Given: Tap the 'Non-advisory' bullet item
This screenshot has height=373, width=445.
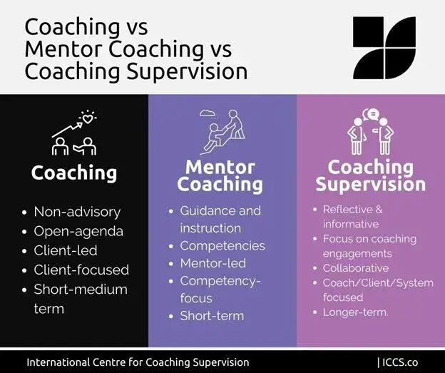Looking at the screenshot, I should click(x=77, y=211).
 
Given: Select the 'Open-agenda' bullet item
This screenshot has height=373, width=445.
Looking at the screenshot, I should click(x=78, y=231).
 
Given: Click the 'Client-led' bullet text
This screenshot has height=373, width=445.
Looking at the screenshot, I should click(x=66, y=250).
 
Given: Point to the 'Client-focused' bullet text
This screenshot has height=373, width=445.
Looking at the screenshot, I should click(x=81, y=270).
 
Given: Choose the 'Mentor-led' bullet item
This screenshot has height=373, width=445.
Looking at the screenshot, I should click(x=213, y=263).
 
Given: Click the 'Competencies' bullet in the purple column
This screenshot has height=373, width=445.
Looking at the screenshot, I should click(x=222, y=245).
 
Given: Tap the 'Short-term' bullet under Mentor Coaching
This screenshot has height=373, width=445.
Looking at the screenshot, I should click(x=211, y=315).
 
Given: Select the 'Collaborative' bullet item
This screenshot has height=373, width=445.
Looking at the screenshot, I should click(x=355, y=268).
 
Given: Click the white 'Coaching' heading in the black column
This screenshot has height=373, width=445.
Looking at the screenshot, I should click(x=73, y=173).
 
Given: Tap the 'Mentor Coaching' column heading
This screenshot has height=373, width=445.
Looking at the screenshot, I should click(x=220, y=176).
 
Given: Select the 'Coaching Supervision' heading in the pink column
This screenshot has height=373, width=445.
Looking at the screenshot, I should click(x=370, y=176).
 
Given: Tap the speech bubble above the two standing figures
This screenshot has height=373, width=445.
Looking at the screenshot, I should click(x=369, y=114).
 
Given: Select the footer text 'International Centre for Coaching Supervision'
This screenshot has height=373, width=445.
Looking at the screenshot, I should click(x=138, y=362).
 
